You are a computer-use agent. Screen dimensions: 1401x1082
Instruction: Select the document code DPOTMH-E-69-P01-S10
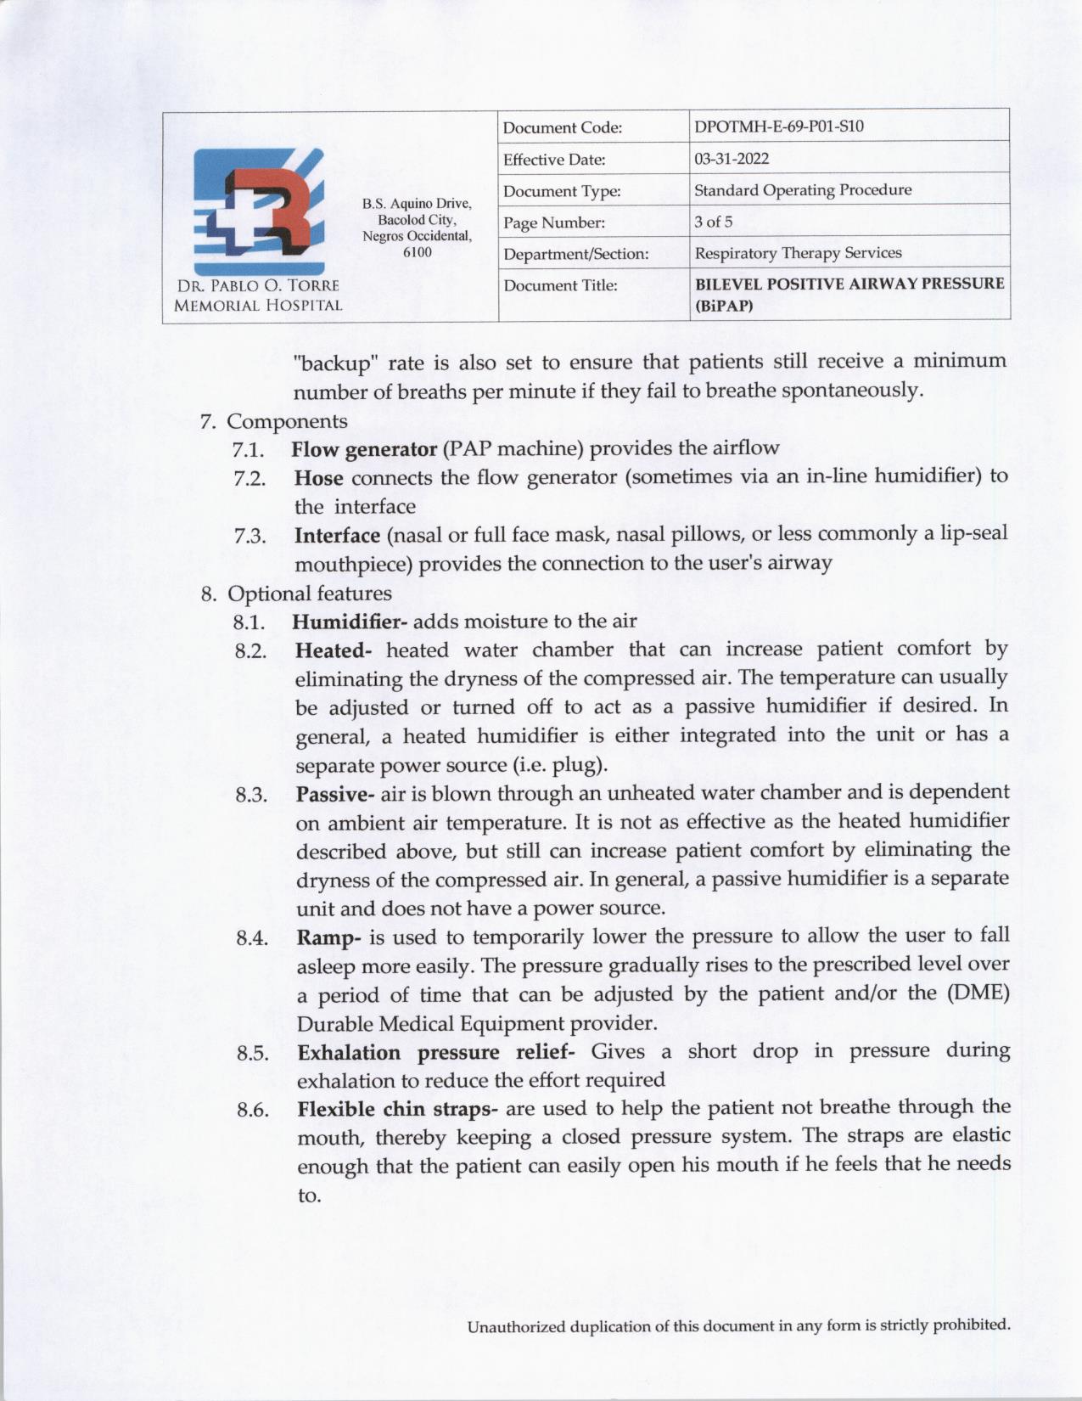coord(778,127)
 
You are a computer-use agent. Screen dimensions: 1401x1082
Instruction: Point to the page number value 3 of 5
coord(713,222)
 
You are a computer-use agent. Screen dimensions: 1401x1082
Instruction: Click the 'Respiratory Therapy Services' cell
coord(798,253)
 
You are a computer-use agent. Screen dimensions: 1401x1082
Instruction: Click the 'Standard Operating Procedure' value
coord(803,190)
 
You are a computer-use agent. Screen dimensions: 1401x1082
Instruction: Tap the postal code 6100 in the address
coord(417,252)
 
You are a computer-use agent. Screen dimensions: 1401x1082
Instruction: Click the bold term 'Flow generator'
coord(363,448)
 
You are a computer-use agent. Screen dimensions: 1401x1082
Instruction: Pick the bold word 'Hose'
coord(318,477)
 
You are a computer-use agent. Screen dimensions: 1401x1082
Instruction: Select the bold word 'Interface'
coord(337,536)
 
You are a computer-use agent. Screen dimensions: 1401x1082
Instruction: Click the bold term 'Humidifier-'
coord(350,622)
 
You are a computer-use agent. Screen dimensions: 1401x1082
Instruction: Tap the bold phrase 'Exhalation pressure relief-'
coord(436,1053)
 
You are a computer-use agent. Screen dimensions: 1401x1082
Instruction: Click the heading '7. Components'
coord(274,421)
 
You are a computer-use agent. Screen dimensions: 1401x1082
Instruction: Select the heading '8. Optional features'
coord(296,593)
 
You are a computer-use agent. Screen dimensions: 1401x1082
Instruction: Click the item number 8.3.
coord(251,796)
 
